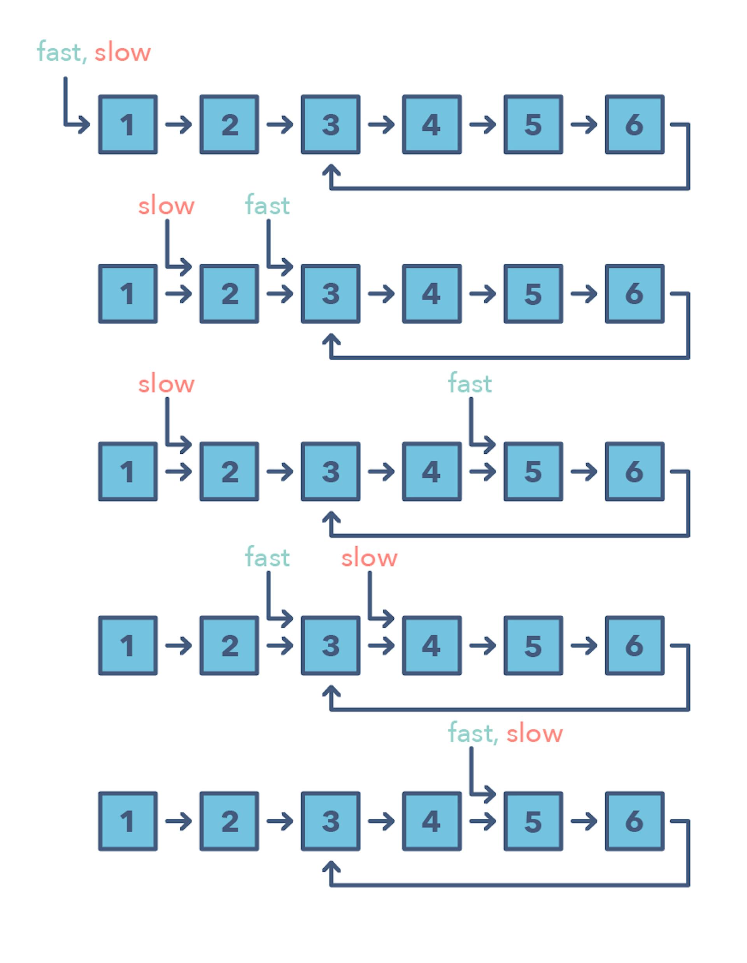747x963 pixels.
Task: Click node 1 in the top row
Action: coord(128,125)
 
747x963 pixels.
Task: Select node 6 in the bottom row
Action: coord(634,821)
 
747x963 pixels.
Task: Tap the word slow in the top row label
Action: coord(123,53)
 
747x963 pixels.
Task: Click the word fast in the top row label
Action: coord(59,52)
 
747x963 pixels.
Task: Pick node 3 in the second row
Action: coord(330,294)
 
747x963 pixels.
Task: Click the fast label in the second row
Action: coord(267,205)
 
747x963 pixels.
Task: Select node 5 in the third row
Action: coord(533,472)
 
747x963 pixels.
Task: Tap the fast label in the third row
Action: coord(470,383)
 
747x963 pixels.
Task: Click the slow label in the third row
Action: coord(166,384)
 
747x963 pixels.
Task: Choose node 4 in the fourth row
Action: coord(431,646)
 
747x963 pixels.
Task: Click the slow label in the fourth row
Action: coord(369,558)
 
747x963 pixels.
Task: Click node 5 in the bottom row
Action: coord(533,821)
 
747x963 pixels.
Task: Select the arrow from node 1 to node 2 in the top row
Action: coord(179,125)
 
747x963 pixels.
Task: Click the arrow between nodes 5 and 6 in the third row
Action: coord(584,472)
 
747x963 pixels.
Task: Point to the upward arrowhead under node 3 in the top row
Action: coord(331,171)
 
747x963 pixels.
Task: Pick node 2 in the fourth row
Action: coord(229,646)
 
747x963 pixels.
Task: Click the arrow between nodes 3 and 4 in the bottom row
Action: coord(381,821)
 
